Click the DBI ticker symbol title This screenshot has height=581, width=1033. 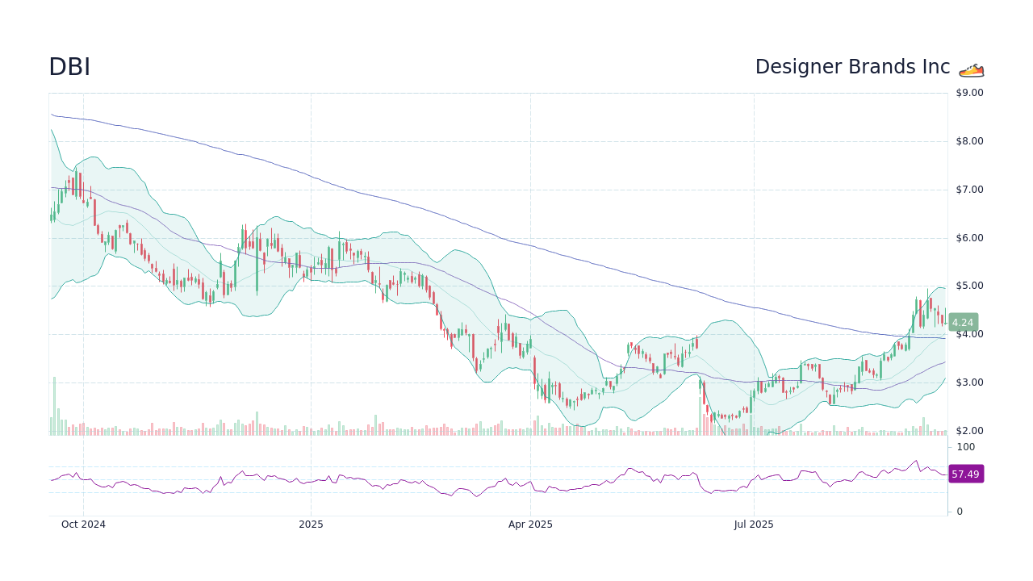coord(69,67)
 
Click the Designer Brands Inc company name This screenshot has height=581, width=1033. coord(852,67)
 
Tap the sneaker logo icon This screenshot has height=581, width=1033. coord(972,69)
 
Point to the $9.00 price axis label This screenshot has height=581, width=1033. coord(969,93)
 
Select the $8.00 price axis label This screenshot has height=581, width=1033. coord(969,141)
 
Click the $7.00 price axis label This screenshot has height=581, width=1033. coord(969,190)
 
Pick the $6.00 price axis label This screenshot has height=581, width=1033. coord(969,238)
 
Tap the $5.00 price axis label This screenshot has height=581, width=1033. coord(969,286)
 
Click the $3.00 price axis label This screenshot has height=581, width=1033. coord(969,382)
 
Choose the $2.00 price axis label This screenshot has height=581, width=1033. coord(969,431)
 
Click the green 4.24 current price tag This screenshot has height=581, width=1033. coord(963,322)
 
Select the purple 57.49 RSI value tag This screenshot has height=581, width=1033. coord(965,474)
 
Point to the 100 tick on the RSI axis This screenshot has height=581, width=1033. coord(966,447)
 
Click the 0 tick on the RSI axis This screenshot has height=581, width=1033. coord(960,512)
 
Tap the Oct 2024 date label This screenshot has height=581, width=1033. coord(83,525)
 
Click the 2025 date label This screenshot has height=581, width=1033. coord(311,525)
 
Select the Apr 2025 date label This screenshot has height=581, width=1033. coord(530,525)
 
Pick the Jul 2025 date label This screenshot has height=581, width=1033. coord(754,525)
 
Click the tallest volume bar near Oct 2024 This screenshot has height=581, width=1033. coord(54,406)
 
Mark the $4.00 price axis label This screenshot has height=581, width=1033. coord(969,334)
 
